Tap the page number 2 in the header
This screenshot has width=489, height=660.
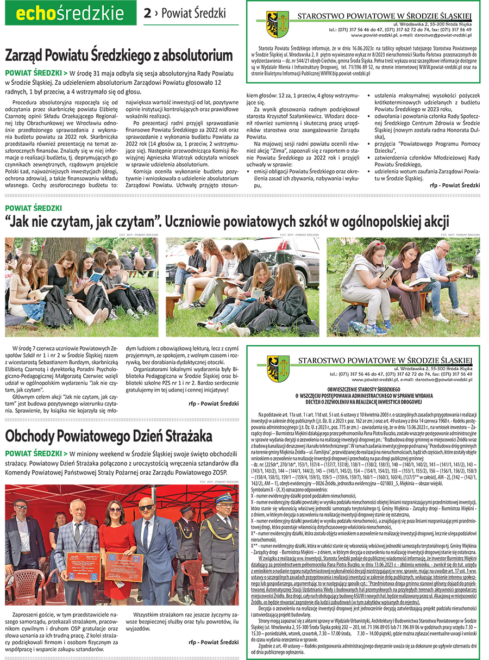click(147, 14)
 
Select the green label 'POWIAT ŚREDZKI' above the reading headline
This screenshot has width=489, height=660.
click(33, 208)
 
